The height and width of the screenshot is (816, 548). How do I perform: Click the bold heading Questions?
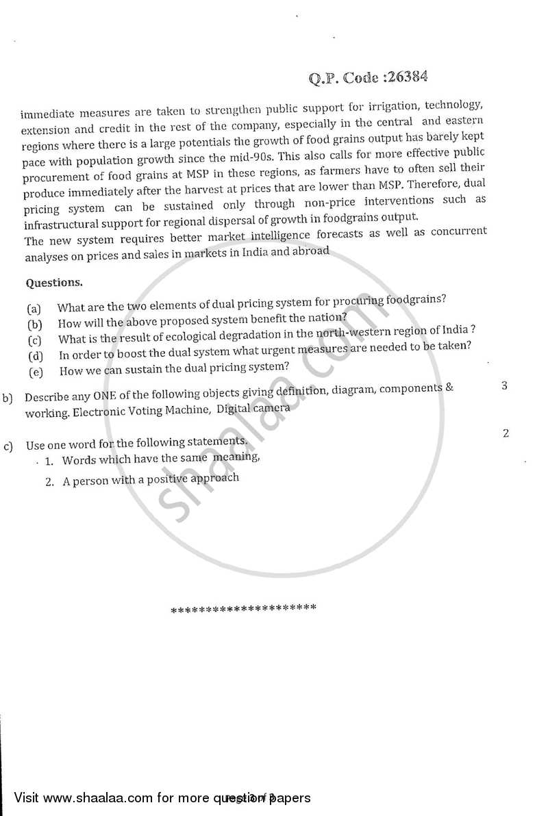click(x=54, y=282)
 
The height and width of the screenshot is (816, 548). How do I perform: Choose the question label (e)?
click(x=36, y=372)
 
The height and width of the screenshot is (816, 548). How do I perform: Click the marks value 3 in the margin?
click(x=504, y=385)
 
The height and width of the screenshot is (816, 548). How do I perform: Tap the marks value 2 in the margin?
click(x=505, y=433)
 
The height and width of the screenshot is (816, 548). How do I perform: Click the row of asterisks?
click(x=243, y=608)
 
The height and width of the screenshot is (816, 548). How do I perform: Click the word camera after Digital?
click(x=272, y=407)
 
